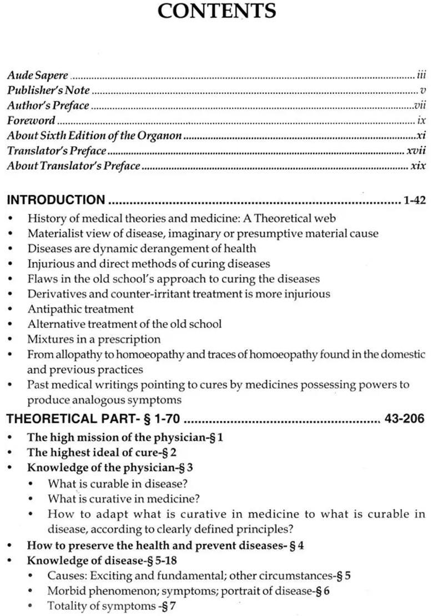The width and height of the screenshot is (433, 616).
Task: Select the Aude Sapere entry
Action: click(x=37, y=75)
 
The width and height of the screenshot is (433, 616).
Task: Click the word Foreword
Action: click(x=31, y=121)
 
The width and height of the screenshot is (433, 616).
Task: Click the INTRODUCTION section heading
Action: click(x=56, y=200)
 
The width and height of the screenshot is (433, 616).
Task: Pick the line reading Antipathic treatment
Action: click(x=80, y=309)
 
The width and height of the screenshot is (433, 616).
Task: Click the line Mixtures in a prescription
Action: click(x=94, y=339)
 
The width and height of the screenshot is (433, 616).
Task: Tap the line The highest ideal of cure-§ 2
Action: click(x=102, y=453)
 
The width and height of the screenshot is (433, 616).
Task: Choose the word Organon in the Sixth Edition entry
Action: click(x=163, y=136)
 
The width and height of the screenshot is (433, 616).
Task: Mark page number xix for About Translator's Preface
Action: click(x=418, y=166)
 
